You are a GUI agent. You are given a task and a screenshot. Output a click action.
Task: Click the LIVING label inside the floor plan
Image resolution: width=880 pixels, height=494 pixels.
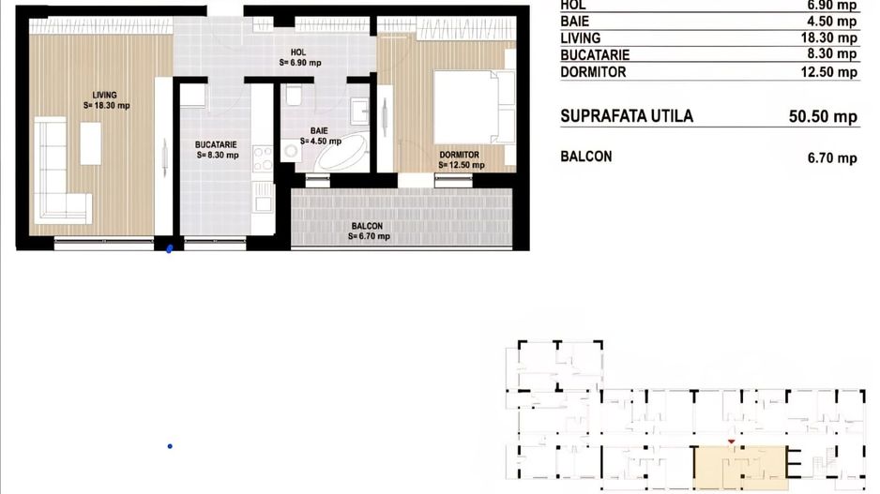pos(104,93)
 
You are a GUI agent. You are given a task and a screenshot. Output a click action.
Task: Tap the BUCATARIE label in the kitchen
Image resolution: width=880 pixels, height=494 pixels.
pos(217,144)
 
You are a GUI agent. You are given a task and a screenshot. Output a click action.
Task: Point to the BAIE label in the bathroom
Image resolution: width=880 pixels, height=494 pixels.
pos(320,131)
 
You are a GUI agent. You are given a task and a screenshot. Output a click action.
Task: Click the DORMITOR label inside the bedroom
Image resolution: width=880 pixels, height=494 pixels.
pos(460,155)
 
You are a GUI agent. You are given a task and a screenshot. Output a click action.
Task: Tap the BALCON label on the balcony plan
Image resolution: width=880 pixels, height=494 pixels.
pos(367,226)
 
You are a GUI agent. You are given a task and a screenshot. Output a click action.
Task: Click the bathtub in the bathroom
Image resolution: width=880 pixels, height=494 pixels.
pos(343,154)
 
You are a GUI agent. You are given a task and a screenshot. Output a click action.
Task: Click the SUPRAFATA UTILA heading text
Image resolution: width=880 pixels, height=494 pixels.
pos(626,116)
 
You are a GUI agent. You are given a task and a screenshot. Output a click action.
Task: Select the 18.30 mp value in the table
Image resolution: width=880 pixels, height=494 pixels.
pos(830,38)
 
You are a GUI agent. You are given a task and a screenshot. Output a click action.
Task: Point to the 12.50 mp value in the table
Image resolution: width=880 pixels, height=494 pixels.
pos(830,72)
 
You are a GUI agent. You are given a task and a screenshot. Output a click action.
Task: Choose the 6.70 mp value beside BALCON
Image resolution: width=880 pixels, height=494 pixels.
pos(831,157)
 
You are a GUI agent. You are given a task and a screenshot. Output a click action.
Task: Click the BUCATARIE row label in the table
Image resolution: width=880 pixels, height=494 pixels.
pos(598,55)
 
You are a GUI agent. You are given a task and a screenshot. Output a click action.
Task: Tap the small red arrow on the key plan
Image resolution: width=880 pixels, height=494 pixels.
pos(730,442)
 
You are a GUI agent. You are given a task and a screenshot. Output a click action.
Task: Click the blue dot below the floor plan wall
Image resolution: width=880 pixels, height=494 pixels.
pos(169,249)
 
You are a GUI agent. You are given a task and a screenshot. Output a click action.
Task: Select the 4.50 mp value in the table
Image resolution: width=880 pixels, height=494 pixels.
pos(834,22)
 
